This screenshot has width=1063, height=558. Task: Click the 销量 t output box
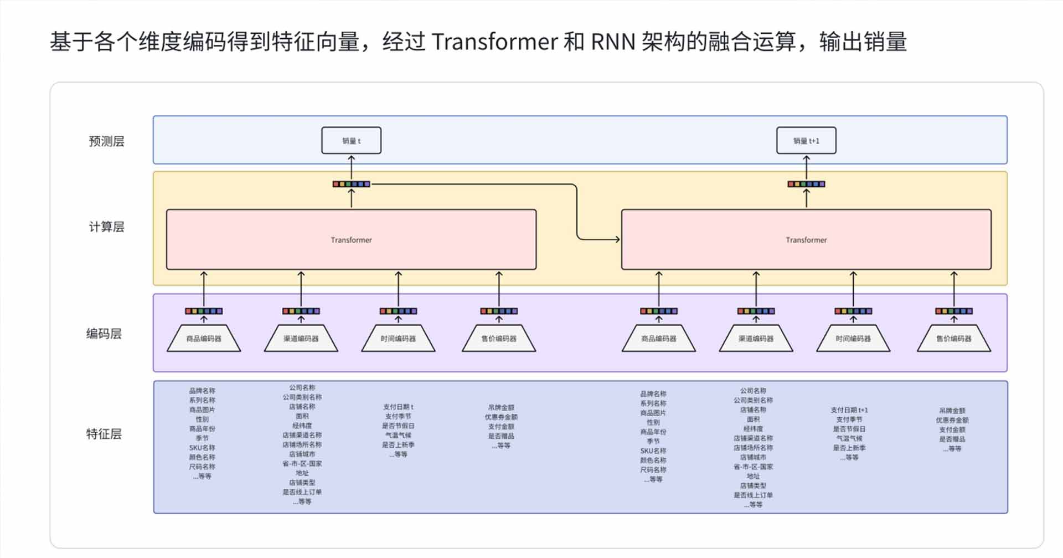tap(351, 141)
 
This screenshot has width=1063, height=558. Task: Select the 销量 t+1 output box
tap(806, 141)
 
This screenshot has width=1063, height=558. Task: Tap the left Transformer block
tap(351, 239)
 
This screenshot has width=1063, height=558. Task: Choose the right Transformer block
tap(806, 239)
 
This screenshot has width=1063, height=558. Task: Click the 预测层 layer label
tap(106, 141)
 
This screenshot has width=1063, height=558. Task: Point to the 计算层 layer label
tap(106, 227)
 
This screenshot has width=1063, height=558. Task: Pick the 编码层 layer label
tap(104, 334)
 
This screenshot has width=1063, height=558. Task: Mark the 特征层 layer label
tap(104, 434)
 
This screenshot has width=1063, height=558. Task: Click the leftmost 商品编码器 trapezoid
tap(204, 339)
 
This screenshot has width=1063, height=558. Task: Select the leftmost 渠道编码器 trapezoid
tap(301, 339)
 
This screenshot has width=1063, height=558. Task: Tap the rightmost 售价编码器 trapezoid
tap(953, 339)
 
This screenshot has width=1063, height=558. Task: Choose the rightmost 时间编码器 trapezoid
tap(853, 339)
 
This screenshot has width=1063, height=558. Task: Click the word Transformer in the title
tap(494, 42)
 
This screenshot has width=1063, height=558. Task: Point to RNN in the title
tap(613, 42)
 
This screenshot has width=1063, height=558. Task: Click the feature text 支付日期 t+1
tap(849, 410)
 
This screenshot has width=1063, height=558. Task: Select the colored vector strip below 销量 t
tap(351, 184)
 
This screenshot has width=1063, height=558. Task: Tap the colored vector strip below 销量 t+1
tap(806, 184)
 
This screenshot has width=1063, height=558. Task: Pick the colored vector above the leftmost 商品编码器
tap(204, 311)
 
